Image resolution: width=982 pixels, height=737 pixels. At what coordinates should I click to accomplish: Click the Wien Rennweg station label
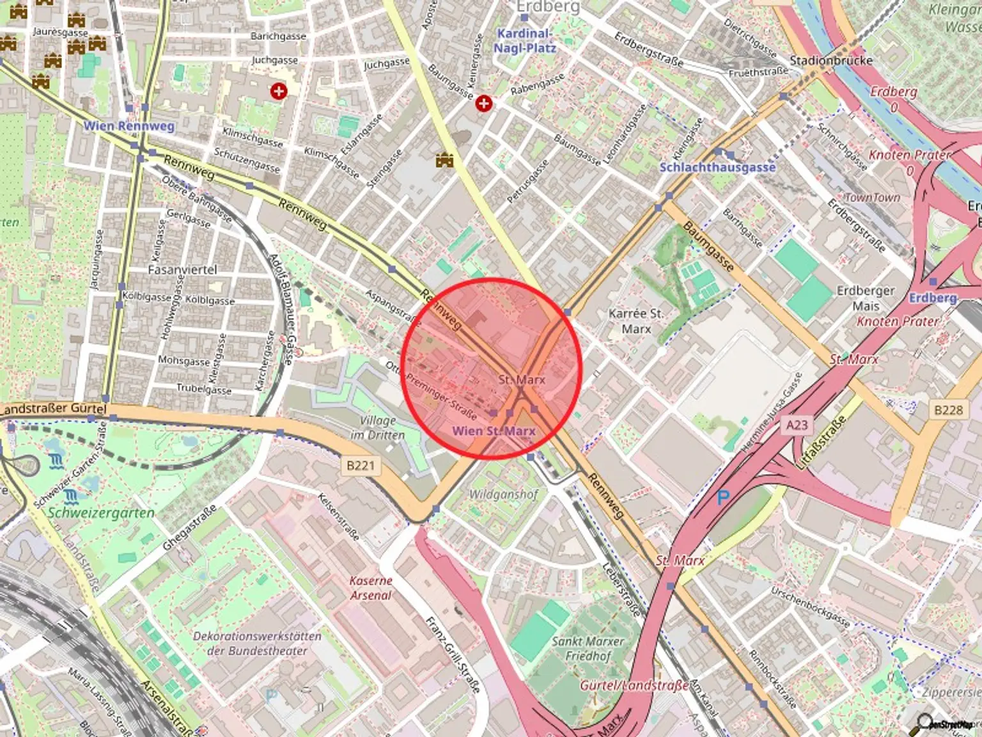(x=129, y=126)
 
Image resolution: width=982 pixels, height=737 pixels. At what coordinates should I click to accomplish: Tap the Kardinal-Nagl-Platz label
(x=524, y=40)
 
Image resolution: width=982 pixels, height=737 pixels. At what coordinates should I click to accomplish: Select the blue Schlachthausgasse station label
(x=717, y=167)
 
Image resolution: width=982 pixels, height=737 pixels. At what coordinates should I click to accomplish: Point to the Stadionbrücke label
(x=830, y=61)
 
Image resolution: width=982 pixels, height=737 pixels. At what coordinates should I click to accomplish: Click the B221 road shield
(x=360, y=465)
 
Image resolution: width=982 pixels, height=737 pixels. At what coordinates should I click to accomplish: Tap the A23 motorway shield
(x=797, y=424)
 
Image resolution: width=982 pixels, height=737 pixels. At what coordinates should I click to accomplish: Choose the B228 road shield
(x=947, y=409)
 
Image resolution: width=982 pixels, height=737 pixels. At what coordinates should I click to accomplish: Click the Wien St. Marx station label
(x=494, y=431)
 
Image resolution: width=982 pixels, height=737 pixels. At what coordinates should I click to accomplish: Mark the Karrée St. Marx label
(x=635, y=321)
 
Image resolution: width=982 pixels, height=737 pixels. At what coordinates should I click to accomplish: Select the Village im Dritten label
(x=377, y=427)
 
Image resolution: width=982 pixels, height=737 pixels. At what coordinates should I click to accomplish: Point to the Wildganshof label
(x=504, y=494)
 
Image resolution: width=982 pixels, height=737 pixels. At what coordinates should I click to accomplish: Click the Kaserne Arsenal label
(x=371, y=588)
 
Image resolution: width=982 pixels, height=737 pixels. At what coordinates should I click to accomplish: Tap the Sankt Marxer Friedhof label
(x=588, y=648)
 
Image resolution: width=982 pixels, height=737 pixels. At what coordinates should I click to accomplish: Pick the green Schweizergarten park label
(x=101, y=513)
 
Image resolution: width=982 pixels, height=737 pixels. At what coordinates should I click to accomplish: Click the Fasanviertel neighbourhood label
(x=182, y=270)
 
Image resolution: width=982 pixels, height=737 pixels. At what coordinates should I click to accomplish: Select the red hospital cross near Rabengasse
(x=484, y=102)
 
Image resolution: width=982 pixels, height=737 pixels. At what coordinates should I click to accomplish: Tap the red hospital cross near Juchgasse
(x=278, y=91)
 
